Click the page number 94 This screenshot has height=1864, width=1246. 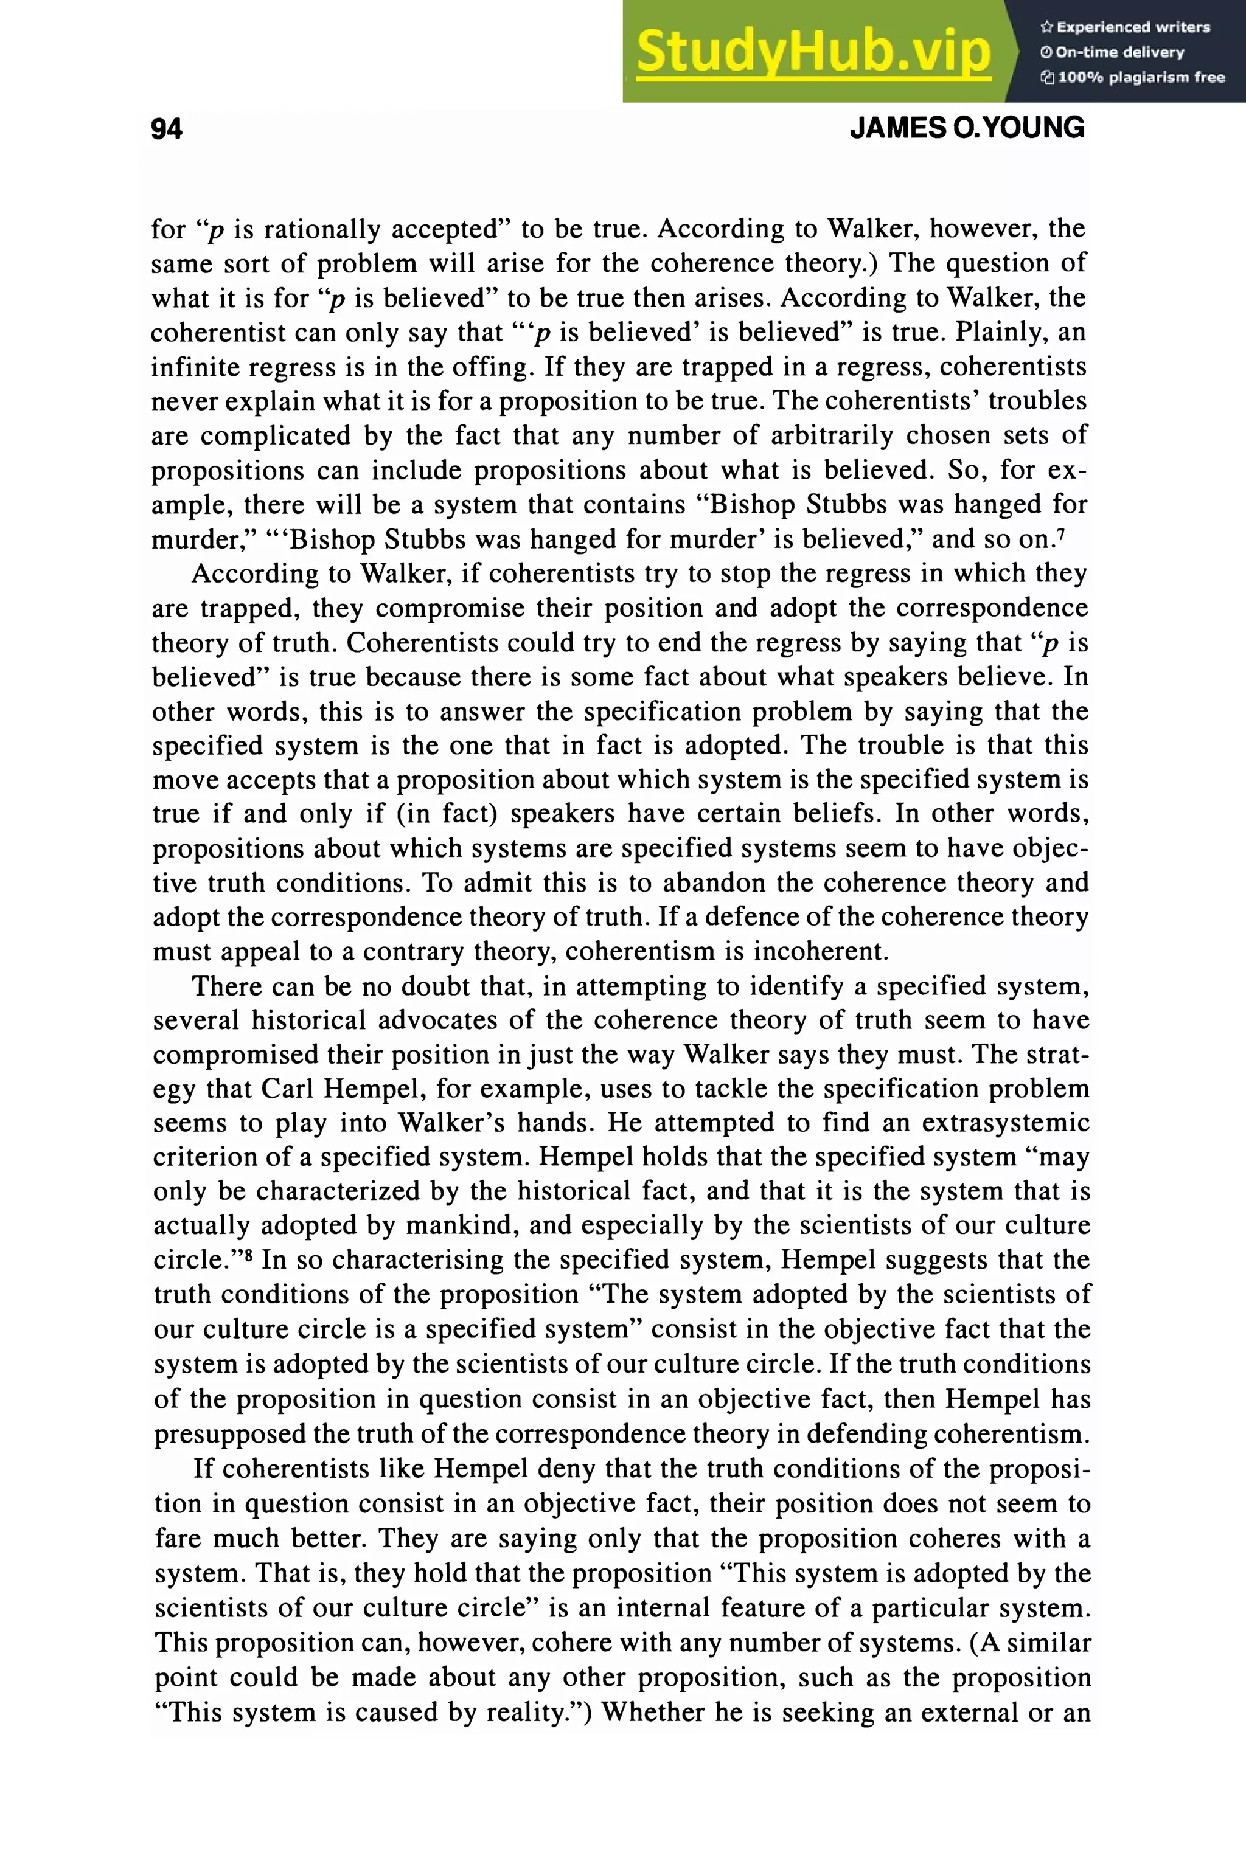(x=166, y=129)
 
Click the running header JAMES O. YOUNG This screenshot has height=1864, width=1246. (x=966, y=128)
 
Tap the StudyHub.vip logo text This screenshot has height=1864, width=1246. (x=813, y=52)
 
